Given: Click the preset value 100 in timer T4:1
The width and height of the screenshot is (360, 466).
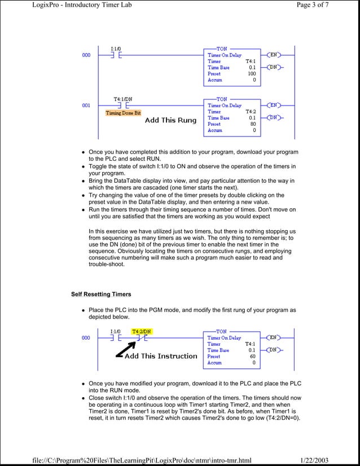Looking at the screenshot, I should point(252,74).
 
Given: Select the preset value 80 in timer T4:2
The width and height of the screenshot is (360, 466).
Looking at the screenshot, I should point(253,124).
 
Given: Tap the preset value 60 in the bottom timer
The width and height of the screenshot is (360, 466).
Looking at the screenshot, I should point(253,357).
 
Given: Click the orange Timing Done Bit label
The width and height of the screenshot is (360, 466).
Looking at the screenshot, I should point(124,113).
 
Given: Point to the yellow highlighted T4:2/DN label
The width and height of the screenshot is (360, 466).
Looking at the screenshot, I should point(142,331).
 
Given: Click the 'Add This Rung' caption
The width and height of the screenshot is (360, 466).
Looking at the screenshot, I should point(171,120).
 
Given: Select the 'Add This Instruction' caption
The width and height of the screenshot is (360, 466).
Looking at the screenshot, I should point(161,356).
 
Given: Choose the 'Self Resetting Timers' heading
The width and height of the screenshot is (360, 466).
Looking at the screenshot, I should point(101,294).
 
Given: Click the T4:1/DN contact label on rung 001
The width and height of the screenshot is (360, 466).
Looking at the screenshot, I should point(123,99).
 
